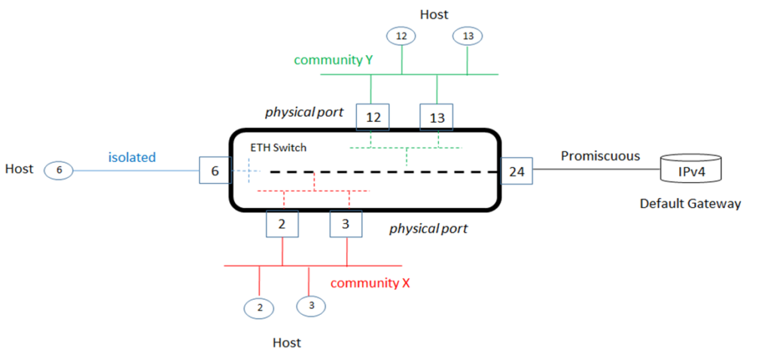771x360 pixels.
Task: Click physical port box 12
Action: [x=373, y=117]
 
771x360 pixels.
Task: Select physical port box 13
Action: [x=437, y=117]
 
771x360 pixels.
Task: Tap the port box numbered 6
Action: [x=215, y=171]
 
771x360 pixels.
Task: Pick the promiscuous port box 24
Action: [x=517, y=172]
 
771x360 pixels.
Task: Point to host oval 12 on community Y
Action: [x=401, y=35]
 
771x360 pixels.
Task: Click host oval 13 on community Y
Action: [x=467, y=35]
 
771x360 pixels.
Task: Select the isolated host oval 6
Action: [x=58, y=170]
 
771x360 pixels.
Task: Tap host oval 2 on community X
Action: [x=259, y=307]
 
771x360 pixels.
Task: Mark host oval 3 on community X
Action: [x=310, y=305]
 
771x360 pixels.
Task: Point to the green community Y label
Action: [x=334, y=60]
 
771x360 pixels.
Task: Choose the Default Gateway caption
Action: [x=690, y=203]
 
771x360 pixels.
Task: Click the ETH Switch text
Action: [x=278, y=148]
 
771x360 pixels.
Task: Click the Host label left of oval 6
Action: [x=19, y=169]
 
